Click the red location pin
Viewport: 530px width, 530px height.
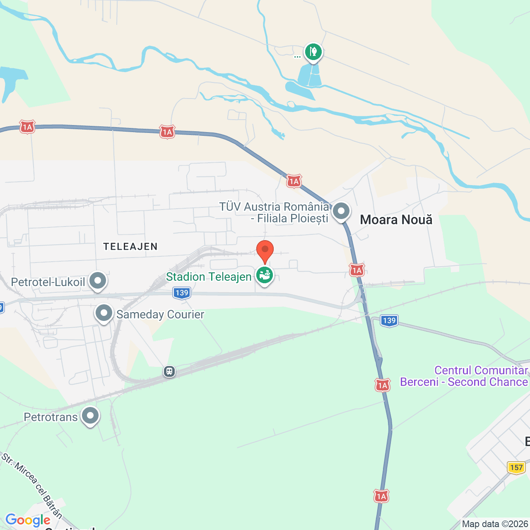[265, 250]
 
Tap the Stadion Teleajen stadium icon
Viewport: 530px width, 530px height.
[265, 275]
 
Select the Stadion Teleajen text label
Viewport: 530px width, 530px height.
[209, 277]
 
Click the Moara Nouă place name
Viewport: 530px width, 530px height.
[396, 219]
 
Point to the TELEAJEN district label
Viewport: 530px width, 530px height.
[130, 247]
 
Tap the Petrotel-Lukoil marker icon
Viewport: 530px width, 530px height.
[98, 281]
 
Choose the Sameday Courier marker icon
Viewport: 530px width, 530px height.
[104, 313]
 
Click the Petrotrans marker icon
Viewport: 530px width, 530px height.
[90, 415]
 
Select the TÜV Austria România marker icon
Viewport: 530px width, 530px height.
[341, 211]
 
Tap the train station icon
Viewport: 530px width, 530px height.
[169, 371]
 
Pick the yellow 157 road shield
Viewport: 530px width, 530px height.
[516, 467]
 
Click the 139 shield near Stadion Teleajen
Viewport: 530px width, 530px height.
[182, 293]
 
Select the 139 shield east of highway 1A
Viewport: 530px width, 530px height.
[389, 320]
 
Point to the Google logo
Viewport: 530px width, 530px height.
[28, 520]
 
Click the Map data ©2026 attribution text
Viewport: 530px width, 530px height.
[495, 524]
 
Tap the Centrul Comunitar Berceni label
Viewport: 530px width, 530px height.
[464, 376]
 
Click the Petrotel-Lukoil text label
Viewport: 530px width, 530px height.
[48, 282]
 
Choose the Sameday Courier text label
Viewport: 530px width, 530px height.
[160, 315]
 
